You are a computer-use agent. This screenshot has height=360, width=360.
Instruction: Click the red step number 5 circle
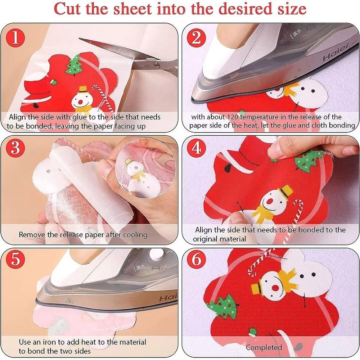point(15,261)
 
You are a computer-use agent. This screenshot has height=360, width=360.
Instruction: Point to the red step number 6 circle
point(198,261)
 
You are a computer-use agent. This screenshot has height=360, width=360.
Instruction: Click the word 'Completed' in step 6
point(264,347)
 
